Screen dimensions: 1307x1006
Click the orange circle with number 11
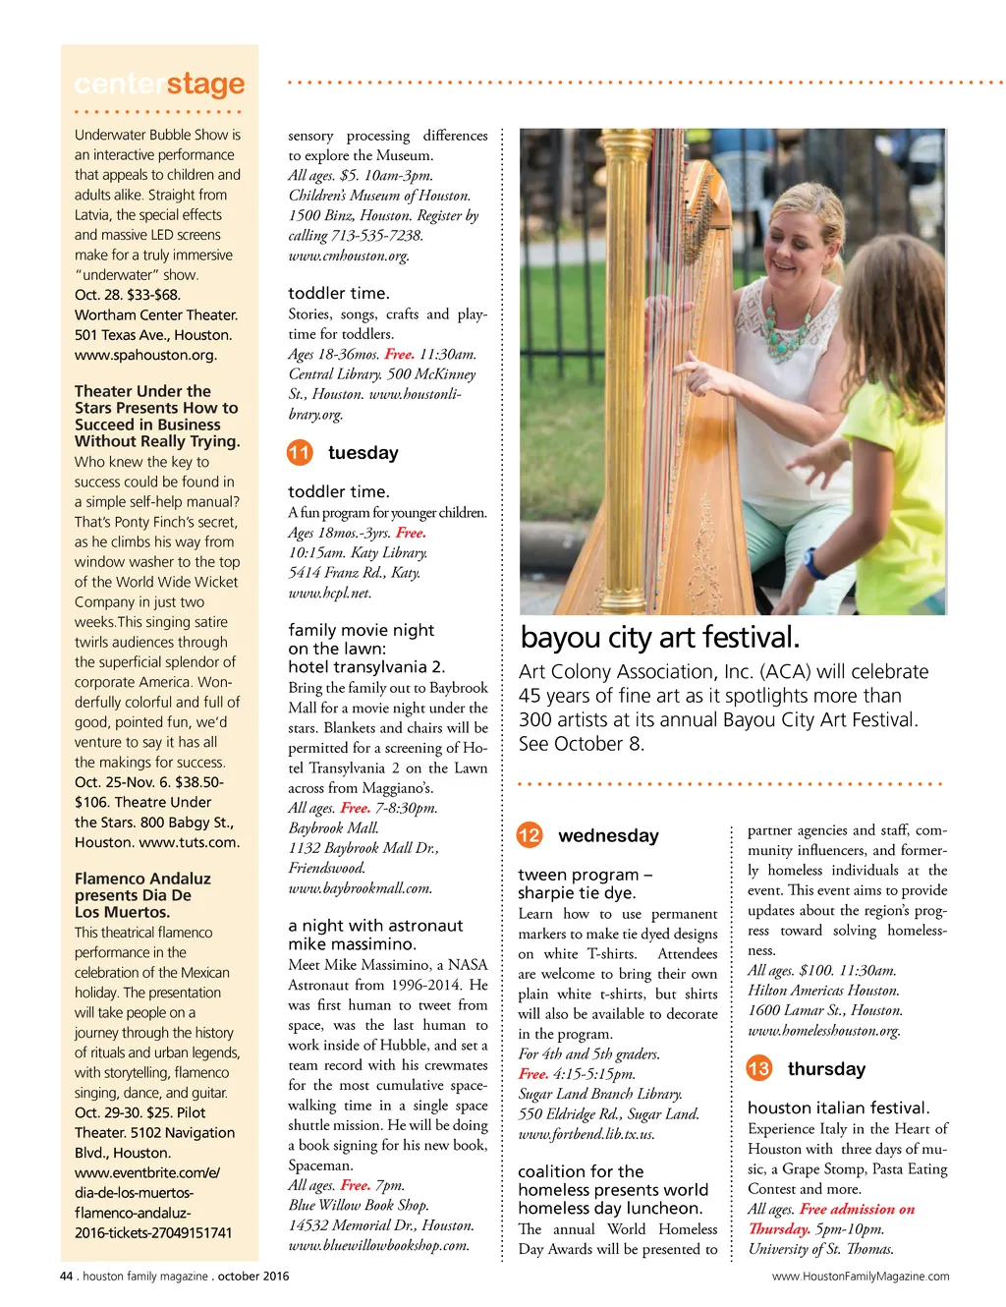(300, 453)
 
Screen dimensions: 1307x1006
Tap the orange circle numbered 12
(529, 835)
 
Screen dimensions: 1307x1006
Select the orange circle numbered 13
(758, 1068)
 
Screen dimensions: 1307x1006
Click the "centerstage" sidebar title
(159, 85)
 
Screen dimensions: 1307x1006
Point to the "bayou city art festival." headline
(660, 638)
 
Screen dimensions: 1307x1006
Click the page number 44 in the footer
(67, 1276)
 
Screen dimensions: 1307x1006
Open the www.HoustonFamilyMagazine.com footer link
(861, 1277)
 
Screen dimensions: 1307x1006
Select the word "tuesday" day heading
(363, 453)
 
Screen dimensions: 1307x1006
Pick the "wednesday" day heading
(608, 835)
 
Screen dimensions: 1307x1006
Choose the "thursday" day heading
(826, 1069)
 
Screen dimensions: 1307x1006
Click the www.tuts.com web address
(189, 842)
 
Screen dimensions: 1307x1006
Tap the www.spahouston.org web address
(145, 355)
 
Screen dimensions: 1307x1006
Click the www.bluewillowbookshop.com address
(378, 1245)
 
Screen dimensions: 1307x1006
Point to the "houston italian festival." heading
(838, 1108)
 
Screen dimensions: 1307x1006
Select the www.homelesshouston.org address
(823, 1030)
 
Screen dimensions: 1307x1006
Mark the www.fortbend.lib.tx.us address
(586, 1134)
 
